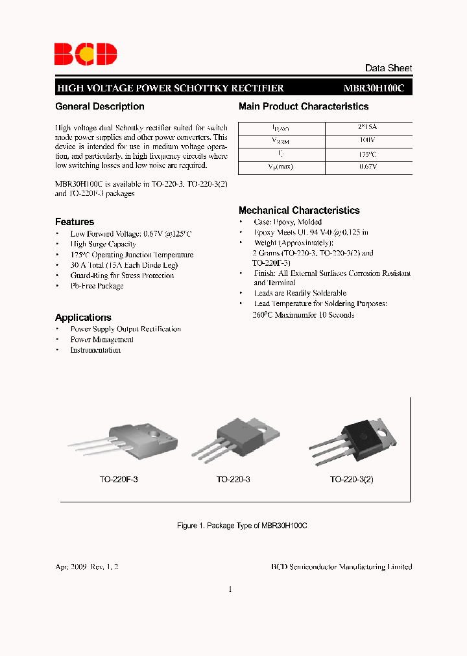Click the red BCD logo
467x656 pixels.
coord(85,53)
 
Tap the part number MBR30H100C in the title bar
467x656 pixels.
coord(374,88)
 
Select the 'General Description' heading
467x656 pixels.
coord(100,106)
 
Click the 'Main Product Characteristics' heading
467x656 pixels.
coord(304,106)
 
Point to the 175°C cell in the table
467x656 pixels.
coord(368,155)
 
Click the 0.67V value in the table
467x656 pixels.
coord(368,168)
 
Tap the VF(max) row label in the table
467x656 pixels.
coord(281,168)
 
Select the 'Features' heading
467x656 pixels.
coord(75,222)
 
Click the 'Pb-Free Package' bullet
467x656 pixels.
coord(97,286)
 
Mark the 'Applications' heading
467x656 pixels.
coord(83,318)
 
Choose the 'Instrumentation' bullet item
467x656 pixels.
coord(95,350)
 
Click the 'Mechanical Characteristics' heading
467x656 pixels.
coord(299,211)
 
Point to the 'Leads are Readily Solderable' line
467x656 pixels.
coord(300,293)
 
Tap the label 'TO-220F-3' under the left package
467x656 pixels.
coord(119,480)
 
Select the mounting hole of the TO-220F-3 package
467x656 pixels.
coord(156,432)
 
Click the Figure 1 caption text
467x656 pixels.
coord(242,526)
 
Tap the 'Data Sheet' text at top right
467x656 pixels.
coord(388,68)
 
